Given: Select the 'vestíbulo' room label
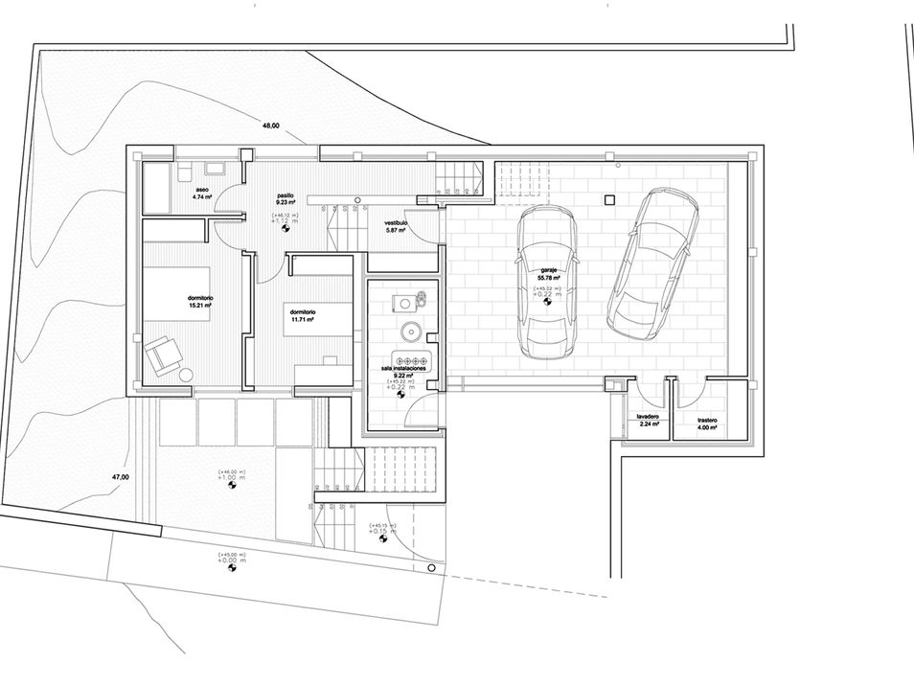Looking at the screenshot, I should (397, 221).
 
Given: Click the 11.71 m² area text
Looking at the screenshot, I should (303, 319).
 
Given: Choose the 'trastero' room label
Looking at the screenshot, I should (707, 421).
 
